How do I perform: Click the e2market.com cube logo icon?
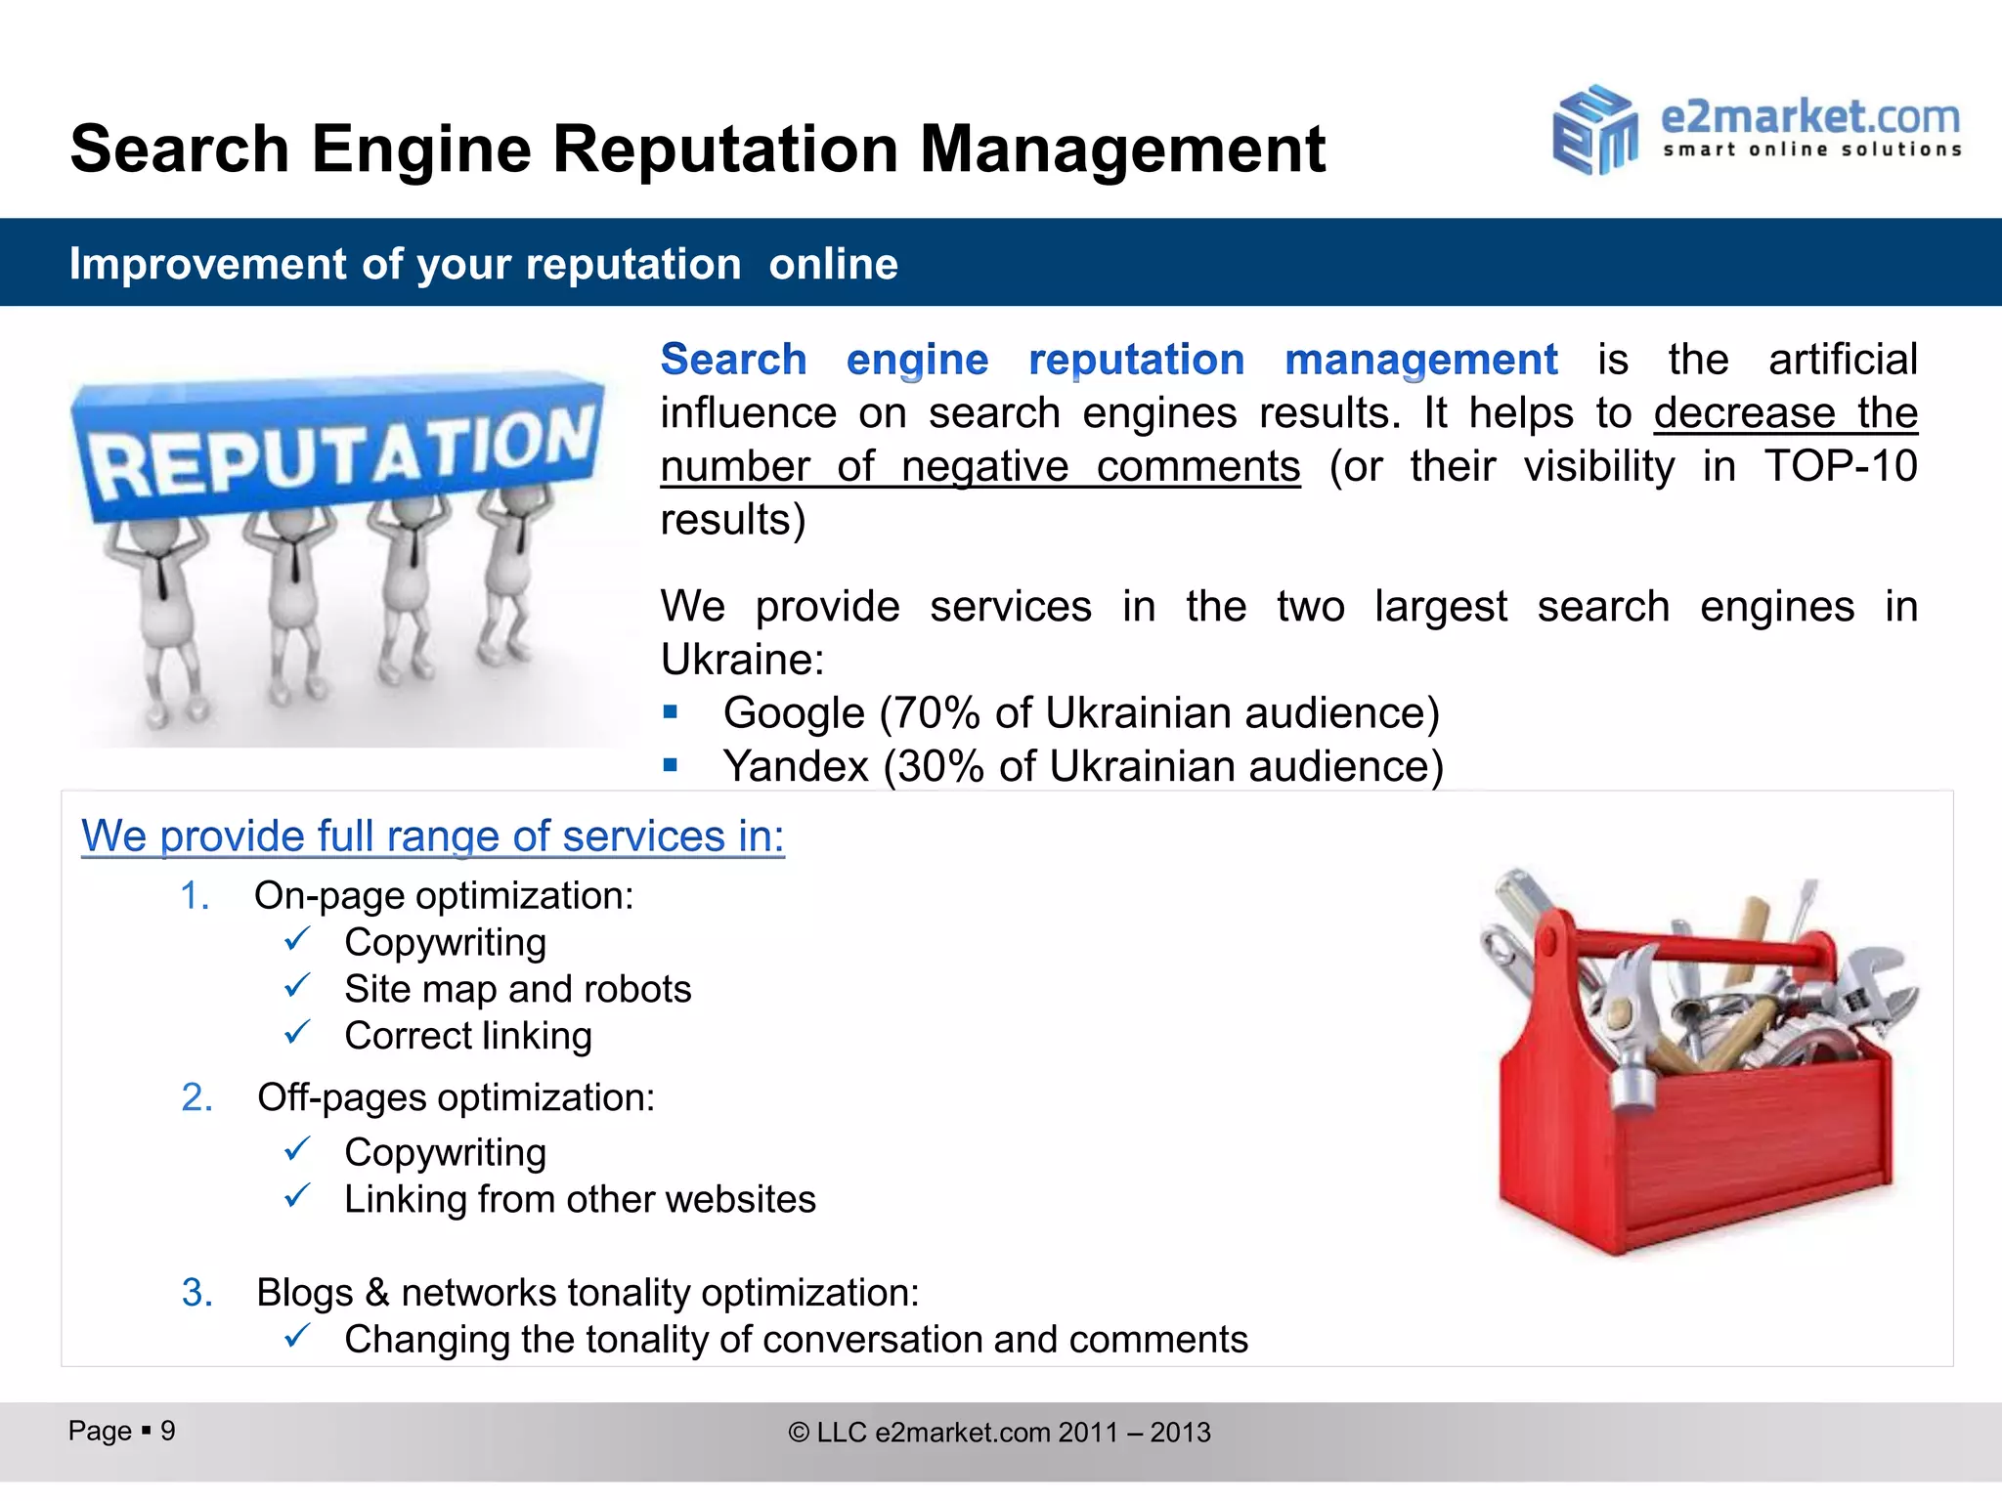1594,131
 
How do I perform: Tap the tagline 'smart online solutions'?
1811,150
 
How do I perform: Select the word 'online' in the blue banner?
833,264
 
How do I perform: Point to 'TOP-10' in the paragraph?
1840,466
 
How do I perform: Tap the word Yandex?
795,766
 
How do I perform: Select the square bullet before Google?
670,712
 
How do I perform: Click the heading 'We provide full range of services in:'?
432,836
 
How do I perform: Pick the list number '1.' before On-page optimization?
195,896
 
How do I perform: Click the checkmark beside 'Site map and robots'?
297,986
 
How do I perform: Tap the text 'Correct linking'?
467,1036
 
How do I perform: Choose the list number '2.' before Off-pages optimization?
196,1097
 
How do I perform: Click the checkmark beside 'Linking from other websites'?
297,1196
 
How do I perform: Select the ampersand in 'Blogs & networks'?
376,1292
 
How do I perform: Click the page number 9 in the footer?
168,1431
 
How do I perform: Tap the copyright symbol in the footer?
799,1433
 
